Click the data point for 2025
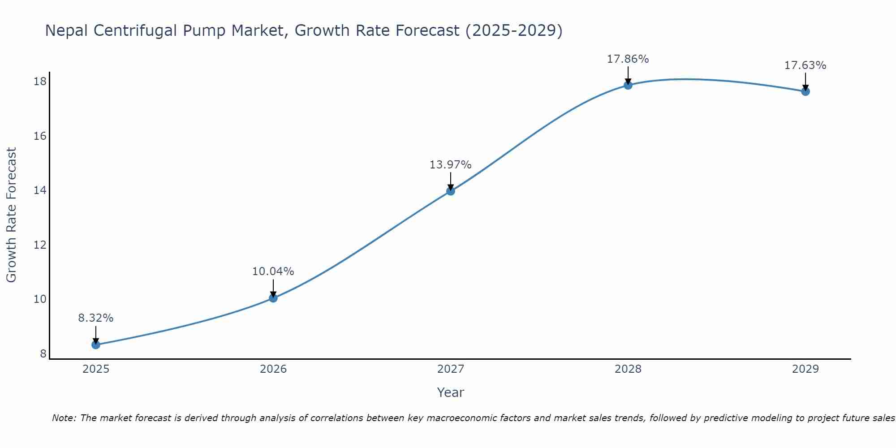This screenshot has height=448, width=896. pos(96,345)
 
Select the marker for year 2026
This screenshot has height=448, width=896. pos(273,298)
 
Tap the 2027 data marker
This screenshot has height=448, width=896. pos(451,191)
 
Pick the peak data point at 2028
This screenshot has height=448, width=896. pos(628,85)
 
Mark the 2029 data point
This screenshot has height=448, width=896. pos(806,91)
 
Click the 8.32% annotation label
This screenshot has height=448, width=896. pos(96,318)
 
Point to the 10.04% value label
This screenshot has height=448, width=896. pos(273,271)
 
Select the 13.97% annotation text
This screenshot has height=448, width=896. pos(451,165)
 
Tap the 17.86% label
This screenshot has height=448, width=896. pos(628,59)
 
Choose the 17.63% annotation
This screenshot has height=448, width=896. pos(806,65)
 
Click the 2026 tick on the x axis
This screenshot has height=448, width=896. pos(273,369)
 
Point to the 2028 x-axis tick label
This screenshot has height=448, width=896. pos(628,369)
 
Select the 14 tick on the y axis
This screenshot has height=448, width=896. pos(40,190)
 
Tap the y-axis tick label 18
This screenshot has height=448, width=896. pos(40,82)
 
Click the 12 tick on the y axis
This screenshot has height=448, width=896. pos(40,245)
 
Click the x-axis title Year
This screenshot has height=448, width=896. pos(451,392)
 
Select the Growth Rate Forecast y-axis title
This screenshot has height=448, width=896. pos(11,215)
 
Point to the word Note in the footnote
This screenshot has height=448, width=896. pos(64,418)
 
